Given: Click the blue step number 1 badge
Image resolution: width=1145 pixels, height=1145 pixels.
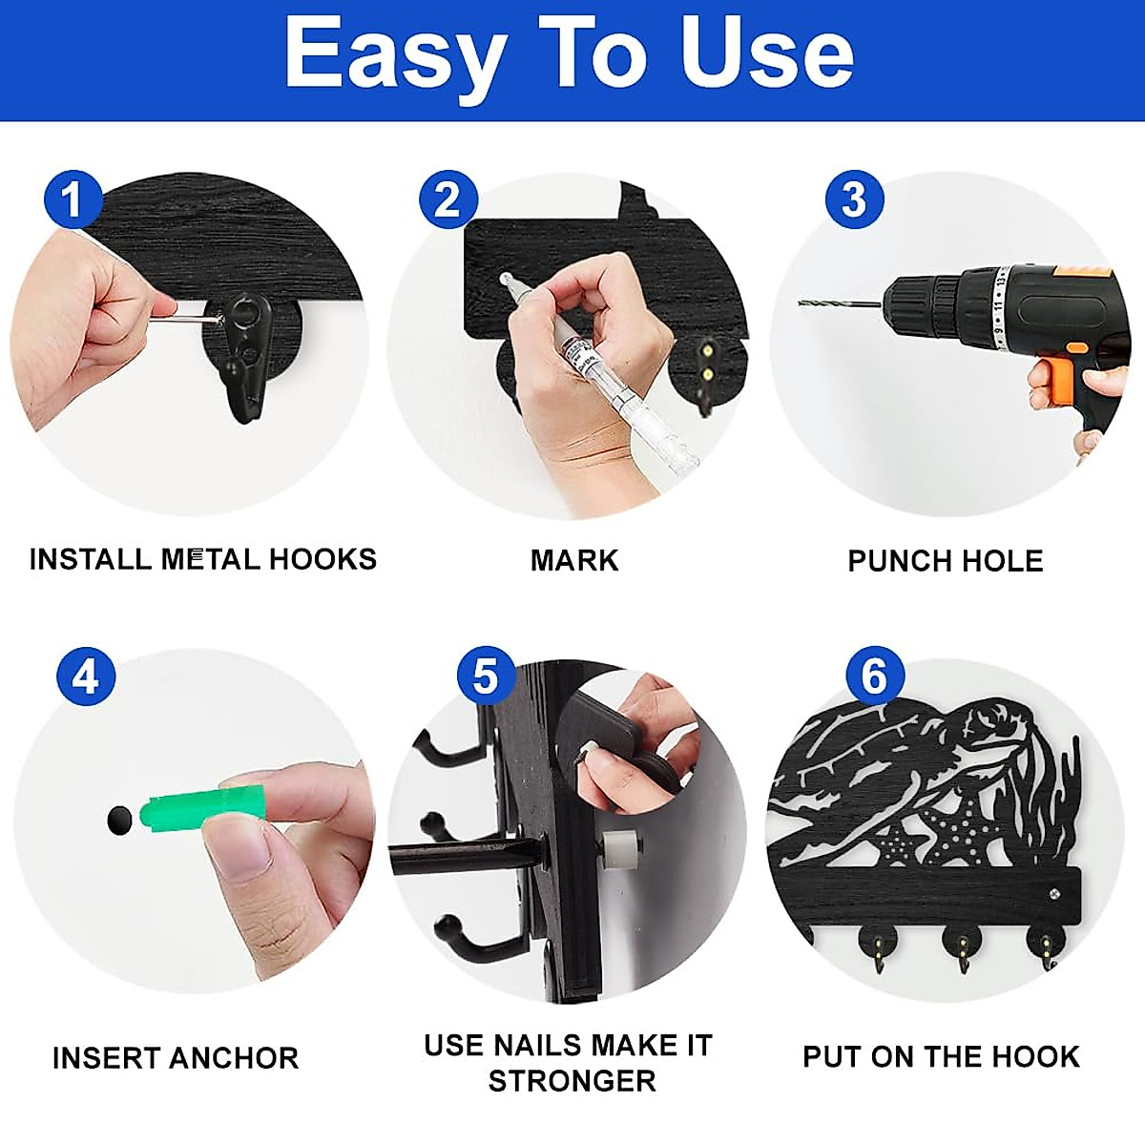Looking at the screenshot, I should click(x=72, y=199).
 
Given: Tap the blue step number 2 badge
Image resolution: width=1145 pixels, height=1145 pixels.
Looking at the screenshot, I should click(x=448, y=199).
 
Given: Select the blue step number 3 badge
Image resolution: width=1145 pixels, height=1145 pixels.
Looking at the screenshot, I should click(x=854, y=199).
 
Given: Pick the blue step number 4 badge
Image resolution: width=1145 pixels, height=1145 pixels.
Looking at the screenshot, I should click(x=86, y=677).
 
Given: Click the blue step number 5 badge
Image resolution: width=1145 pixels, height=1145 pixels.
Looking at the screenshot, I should click(x=486, y=677).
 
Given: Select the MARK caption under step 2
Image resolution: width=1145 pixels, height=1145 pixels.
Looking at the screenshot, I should click(x=574, y=560).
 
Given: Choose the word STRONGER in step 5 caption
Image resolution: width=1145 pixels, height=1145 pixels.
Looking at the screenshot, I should click(x=572, y=1081).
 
